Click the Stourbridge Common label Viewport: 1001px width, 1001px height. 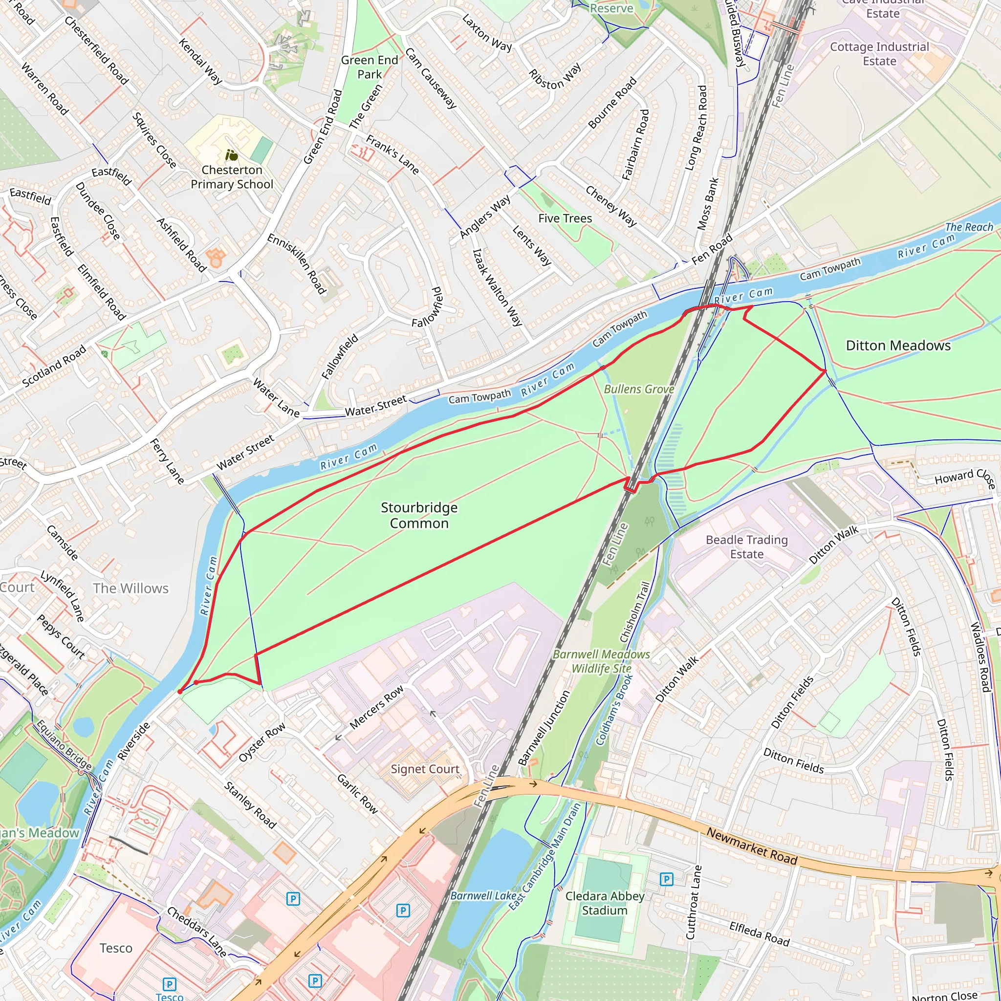point(419,516)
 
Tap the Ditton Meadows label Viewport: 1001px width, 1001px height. point(898,346)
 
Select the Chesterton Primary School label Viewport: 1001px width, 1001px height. point(232,177)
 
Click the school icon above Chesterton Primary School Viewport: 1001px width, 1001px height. point(232,155)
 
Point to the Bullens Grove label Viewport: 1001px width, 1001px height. point(639,389)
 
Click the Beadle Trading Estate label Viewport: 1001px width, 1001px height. point(747,547)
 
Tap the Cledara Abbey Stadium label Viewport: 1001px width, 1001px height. point(605,903)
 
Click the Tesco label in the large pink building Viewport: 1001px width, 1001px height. point(116,948)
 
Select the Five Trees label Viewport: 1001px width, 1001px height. point(565,218)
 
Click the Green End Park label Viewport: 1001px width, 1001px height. point(370,67)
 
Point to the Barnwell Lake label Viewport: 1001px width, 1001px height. point(483,896)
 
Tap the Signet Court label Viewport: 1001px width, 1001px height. point(425,769)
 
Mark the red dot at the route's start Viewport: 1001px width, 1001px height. point(180,692)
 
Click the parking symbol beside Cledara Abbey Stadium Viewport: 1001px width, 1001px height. point(666,879)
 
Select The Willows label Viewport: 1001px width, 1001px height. point(131,588)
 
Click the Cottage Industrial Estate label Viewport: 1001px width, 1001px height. point(879,54)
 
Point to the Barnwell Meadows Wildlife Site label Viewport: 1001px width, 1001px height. point(601,662)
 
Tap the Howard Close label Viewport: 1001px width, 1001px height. point(964,477)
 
